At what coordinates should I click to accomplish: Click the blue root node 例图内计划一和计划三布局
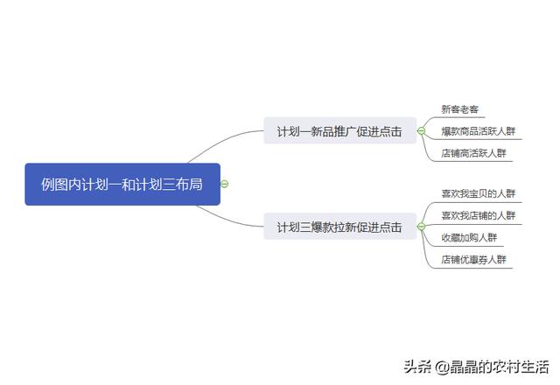[x=122, y=185]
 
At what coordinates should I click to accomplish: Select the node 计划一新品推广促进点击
[x=340, y=130]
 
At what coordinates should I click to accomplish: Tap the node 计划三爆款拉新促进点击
[x=340, y=227]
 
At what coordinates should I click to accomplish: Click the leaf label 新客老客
[x=459, y=109]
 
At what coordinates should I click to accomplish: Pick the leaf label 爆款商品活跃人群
[x=479, y=131]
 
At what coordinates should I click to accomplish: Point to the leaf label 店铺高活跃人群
[x=473, y=153]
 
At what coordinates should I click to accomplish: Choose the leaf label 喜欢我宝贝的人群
[x=479, y=193]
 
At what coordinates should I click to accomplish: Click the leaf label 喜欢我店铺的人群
[x=479, y=216]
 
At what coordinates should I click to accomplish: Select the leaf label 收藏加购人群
[x=469, y=237]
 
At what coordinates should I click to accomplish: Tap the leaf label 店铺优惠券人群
[x=473, y=260]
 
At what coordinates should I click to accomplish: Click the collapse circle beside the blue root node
[x=224, y=184]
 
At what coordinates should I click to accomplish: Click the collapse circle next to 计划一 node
[x=422, y=131]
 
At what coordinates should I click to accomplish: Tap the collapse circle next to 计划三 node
[x=422, y=227]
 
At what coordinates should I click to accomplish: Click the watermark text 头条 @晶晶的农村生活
[x=476, y=367]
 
